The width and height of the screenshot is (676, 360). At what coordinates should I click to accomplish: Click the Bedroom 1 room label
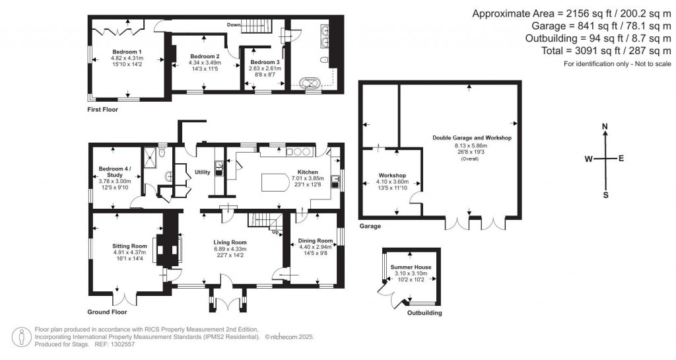tap(127, 52)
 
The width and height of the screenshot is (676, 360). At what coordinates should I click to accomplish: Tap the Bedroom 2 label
tap(205, 56)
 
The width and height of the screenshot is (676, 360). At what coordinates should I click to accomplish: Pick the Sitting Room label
tap(129, 246)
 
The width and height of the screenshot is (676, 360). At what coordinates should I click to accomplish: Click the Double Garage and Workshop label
tap(472, 137)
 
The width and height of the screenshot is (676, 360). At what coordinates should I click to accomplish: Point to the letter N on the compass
tap(605, 126)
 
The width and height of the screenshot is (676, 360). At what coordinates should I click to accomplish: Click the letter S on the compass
tap(605, 195)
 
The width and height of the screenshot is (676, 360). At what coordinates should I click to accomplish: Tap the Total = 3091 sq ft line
tap(588, 51)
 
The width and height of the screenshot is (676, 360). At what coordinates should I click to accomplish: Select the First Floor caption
tap(103, 109)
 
